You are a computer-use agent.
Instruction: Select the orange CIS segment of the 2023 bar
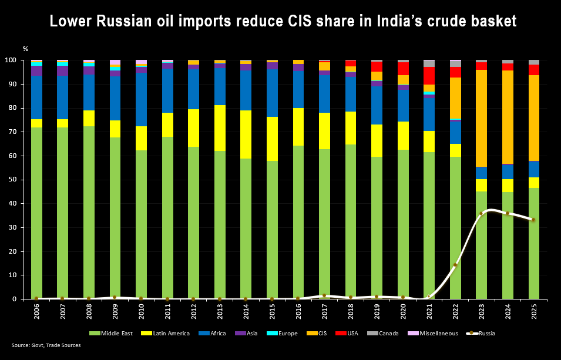pyautogui.click(x=481, y=117)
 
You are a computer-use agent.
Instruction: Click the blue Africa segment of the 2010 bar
pyautogui.click(x=141, y=99)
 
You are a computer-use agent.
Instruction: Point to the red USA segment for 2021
pyautogui.click(x=429, y=76)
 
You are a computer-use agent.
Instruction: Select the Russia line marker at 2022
pyautogui.click(x=455, y=265)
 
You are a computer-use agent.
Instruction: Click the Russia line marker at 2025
pyautogui.click(x=533, y=220)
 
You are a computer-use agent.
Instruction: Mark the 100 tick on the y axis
pyautogui.click(x=14, y=60)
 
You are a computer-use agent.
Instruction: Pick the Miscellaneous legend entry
pyautogui.click(x=435, y=334)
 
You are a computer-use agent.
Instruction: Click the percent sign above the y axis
pyautogui.click(x=25, y=49)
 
